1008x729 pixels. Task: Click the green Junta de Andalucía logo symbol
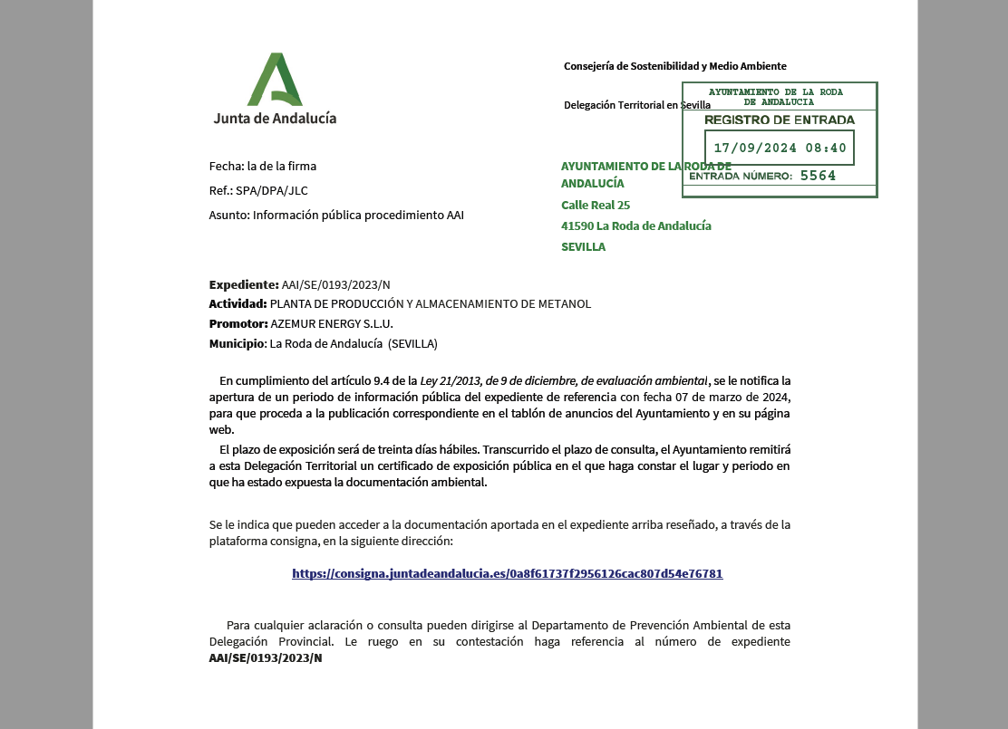(274, 80)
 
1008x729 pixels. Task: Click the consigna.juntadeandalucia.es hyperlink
(507, 573)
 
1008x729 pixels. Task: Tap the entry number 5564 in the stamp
(818, 176)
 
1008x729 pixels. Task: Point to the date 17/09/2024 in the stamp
(754, 148)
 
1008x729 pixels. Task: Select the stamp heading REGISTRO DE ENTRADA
(779, 120)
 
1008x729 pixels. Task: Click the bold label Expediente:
(244, 283)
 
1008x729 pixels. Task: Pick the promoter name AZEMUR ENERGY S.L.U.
(332, 323)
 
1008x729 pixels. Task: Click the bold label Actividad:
(237, 303)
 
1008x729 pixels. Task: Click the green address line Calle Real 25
(596, 205)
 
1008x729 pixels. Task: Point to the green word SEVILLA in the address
(583, 246)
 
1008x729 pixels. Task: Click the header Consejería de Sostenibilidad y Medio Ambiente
(674, 66)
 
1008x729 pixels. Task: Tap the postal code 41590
(577, 225)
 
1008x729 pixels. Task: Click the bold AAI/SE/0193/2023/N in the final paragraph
(266, 658)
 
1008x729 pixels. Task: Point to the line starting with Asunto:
(336, 215)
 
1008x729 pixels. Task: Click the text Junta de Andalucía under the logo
(275, 118)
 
